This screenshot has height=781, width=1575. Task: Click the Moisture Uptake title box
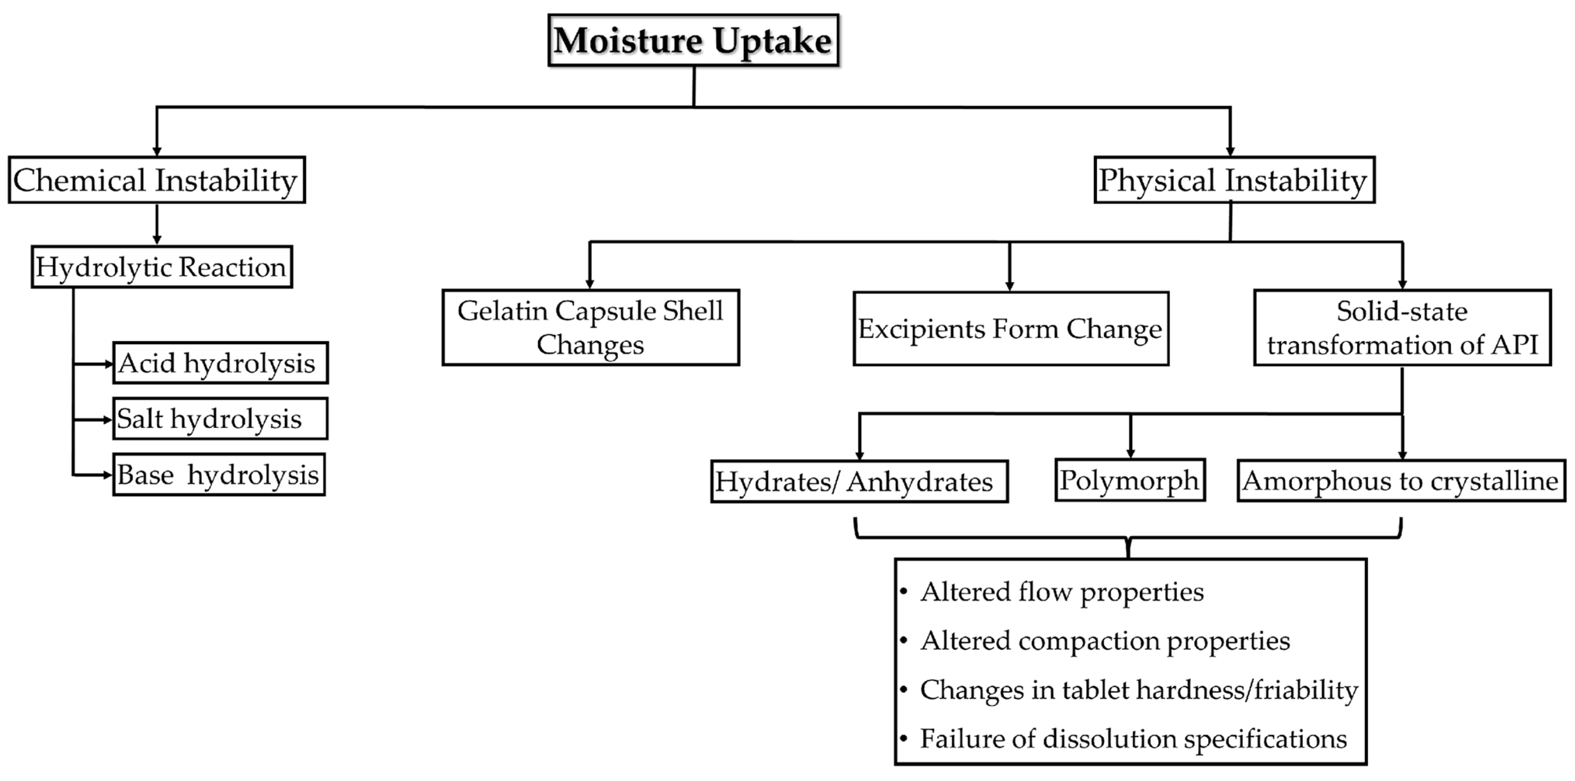[693, 40]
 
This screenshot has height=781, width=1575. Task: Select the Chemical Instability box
[157, 180]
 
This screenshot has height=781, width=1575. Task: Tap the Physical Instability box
[1234, 180]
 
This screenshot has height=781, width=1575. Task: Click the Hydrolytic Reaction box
[161, 267]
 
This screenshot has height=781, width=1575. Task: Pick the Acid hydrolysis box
[220, 363]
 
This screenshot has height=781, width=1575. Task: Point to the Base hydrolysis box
[219, 475]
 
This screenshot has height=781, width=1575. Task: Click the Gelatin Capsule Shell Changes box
[591, 328]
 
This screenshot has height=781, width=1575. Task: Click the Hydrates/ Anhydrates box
[859, 481]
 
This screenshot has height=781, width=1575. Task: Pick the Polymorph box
[1130, 480]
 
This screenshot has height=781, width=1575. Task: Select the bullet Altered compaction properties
[1105, 641]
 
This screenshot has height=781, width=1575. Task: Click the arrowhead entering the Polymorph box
[1130, 453]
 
